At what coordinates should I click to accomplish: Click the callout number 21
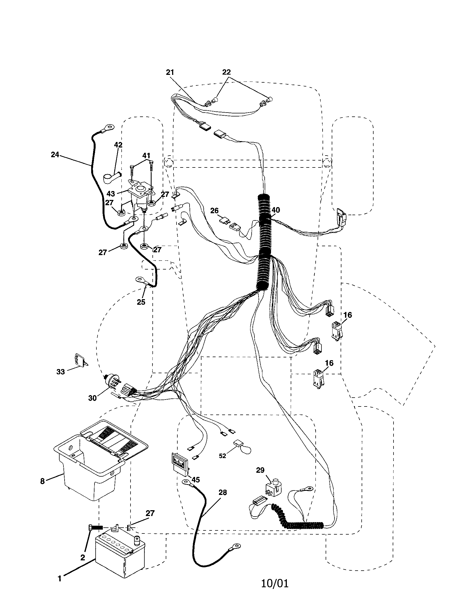click(x=170, y=72)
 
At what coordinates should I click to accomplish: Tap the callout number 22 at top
click(x=226, y=72)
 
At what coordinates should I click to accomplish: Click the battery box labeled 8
click(x=89, y=472)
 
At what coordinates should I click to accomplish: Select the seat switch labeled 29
click(x=273, y=489)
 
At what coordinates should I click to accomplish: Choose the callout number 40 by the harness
click(x=275, y=210)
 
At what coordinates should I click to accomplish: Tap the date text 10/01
click(x=275, y=583)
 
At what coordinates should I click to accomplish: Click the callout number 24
click(x=55, y=154)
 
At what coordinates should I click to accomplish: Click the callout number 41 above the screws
click(x=146, y=156)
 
